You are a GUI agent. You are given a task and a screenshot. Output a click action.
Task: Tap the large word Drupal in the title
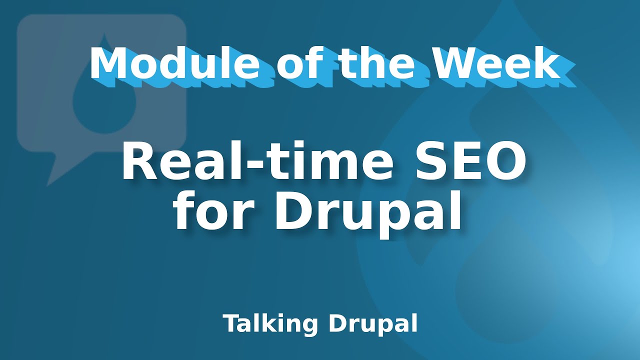click(367, 214)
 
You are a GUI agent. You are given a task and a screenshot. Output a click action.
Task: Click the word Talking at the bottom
click(270, 324)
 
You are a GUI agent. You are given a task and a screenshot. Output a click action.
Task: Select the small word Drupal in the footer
click(373, 324)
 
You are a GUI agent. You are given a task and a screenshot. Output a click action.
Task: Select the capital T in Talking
click(230, 323)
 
